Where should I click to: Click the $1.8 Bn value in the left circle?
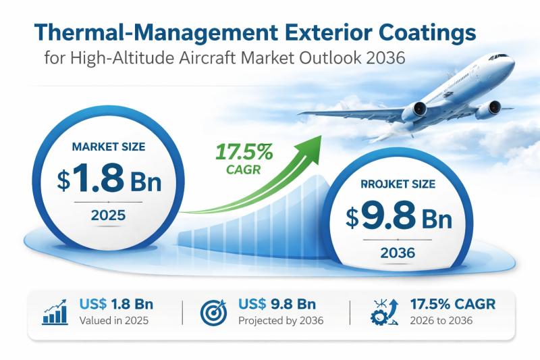tap(109, 180)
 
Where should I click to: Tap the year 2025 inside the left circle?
tap(107, 216)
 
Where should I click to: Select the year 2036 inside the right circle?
tap(398, 253)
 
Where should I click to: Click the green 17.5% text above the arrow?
tap(244, 152)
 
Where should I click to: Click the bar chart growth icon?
tap(55, 313)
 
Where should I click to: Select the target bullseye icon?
tap(214, 313)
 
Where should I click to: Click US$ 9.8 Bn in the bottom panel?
tap(277, 303)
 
